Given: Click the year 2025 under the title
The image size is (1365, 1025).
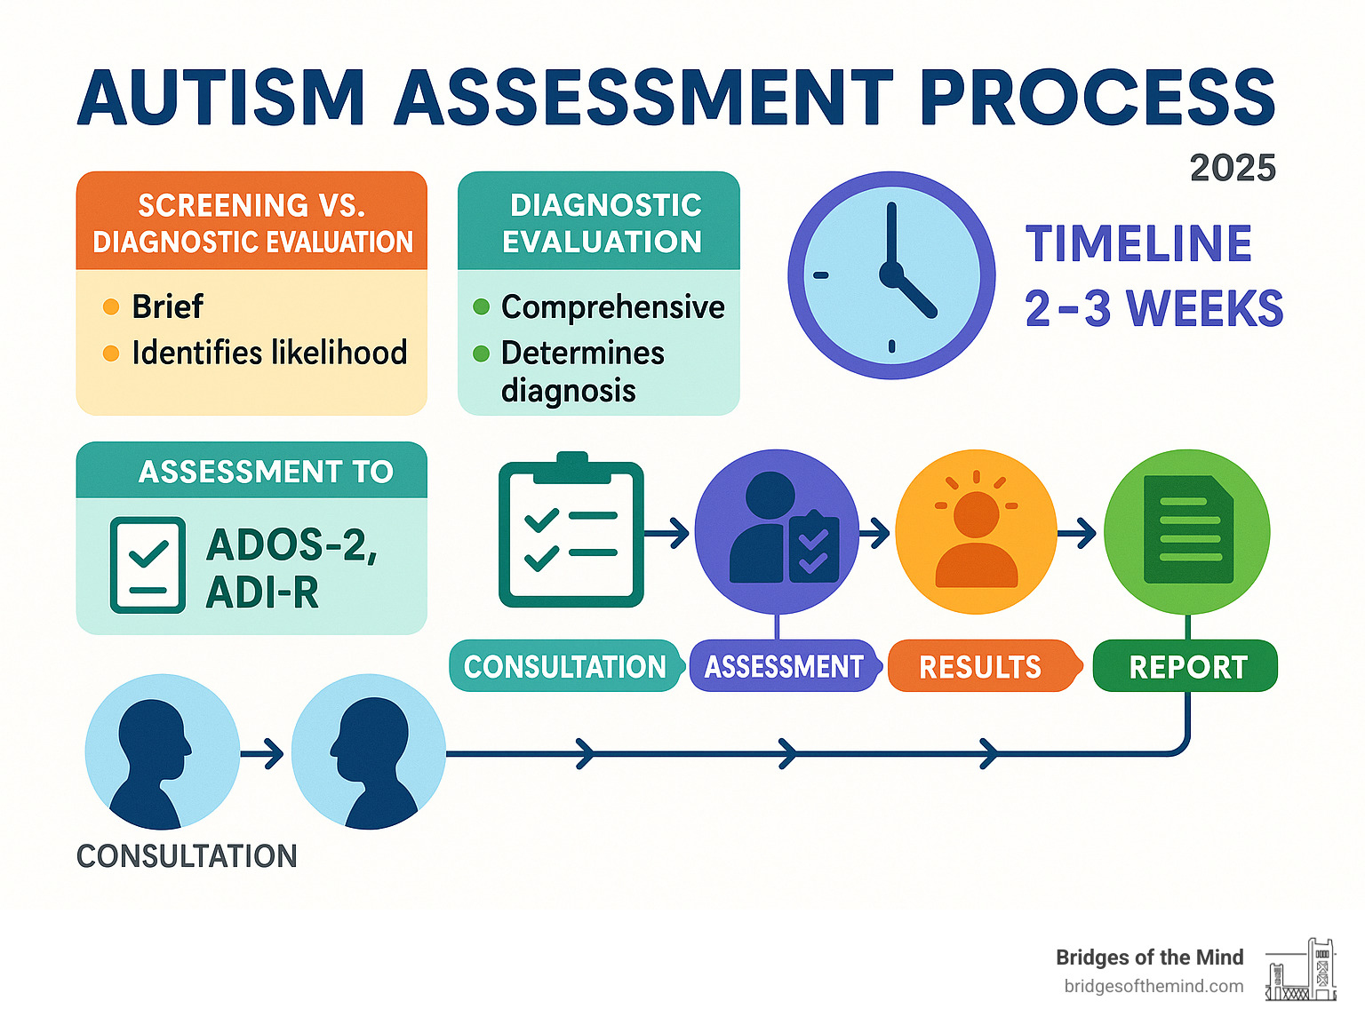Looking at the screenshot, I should pyautogui.click(x=1232, y=168).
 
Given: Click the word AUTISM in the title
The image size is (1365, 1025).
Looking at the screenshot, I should pyautogui.click(x=221, y=98).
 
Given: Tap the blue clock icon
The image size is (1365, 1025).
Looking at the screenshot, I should pyautogui.click(x=891, y=275).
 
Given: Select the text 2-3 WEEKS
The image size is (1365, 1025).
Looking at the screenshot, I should pyautogui.click(x=1153, y=309).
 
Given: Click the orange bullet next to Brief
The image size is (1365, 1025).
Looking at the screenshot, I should pyautogui.click(x=111, y=307).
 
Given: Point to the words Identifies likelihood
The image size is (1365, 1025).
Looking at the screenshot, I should pyautogui.click(x=269, y=353).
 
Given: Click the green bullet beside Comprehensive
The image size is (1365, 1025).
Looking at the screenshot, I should pyautogui.click(x=482, y=307).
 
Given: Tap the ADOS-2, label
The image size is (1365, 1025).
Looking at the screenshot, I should pyautogui.click(x=291, y=544).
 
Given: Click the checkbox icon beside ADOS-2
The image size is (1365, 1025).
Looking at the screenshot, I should pyautogui.click(x=148, y=565).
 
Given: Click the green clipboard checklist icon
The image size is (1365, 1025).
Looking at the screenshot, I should pyautogui.click(x=571, y=533).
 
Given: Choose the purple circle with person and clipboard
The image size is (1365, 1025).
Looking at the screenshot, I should pyautogui.click(x=777, y=532).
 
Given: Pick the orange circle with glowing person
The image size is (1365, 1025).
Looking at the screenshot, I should pyautogui.click(x=976, y=532).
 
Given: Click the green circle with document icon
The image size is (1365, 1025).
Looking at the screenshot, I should pyautogui.click(x=1186, y=532).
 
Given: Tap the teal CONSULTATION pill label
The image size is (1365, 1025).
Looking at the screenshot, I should pyautogui.click(x=564, y=666).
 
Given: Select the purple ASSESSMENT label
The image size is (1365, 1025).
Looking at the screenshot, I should pyautogui.click(x=783, y=666).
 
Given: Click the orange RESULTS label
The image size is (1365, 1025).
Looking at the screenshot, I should pyautogui.click(x=979, y=666).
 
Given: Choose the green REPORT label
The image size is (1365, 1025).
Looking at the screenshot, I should pyautogui.click(x=1187, y=666).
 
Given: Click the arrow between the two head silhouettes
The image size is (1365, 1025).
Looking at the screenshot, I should pyautogui.click(x=263, y=754).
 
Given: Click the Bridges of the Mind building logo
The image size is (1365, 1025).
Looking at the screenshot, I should pyautogui.click(x=1301, y=971).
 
